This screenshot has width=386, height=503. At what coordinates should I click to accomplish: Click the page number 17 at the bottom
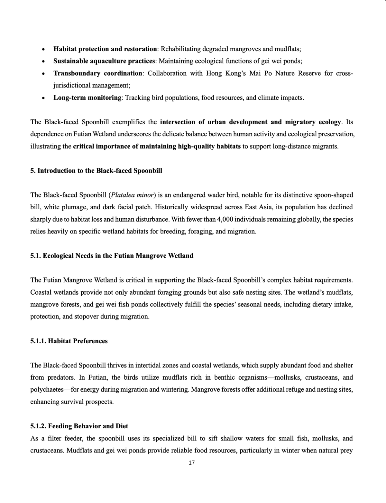(x=192, y=463)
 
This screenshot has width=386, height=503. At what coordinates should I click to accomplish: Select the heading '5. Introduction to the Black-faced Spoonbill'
(x=96, y=171)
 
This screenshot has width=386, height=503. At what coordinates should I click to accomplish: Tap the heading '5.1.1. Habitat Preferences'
(x=69, y=341)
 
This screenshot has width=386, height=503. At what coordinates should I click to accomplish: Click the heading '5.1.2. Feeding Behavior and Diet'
(x=79, y=426)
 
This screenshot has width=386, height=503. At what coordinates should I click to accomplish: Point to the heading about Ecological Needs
(x=112, y=256)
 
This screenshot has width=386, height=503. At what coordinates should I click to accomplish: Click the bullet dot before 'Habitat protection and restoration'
(x=43, y=50)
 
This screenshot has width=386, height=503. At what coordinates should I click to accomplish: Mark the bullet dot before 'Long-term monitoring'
(x=43, y=98)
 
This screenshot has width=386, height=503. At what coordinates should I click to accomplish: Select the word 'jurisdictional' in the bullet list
(x=72, y=85)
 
